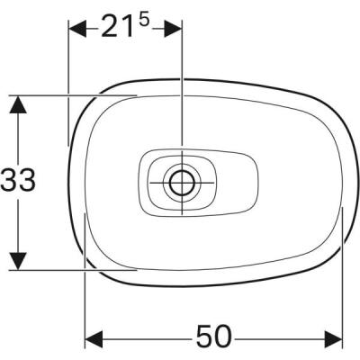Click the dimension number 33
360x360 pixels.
pyautogui.click(x=18, y=181)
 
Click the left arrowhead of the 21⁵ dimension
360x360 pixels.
pyautogui.click(x=76, y=28)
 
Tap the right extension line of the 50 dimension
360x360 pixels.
pyautogui.click(x=344, y=279)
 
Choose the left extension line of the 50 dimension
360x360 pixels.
pyautogui.click(x=85, y=288)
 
